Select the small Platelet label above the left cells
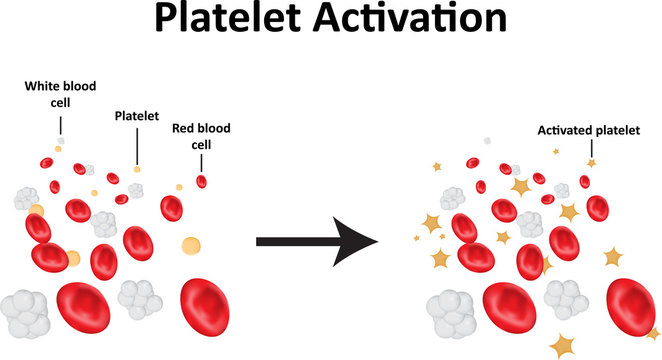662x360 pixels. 137,115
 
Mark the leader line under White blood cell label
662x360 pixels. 60,125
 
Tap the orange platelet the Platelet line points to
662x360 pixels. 137,168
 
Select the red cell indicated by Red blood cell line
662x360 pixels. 202,181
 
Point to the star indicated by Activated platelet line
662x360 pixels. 591,162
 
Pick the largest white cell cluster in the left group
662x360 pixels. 25,312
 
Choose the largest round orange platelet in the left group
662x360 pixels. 190,245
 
